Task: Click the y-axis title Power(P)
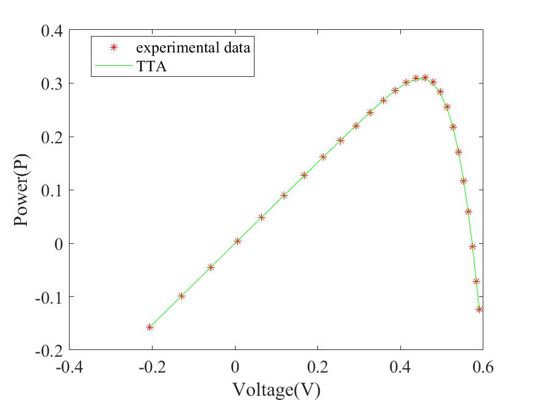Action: (22, 190)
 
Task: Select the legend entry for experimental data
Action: (193, 48)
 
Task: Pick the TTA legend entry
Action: (152, 66)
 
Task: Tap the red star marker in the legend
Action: (113, 48)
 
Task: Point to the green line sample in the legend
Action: (113, 66)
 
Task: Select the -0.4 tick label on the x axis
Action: (69, 367)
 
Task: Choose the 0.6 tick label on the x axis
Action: (483, 367)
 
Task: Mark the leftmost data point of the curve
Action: (150, 327)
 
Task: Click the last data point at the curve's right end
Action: (480, 310)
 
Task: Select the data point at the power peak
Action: (425, 78)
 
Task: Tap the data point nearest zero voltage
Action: (237, 241)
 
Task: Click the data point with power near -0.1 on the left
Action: (181, 296)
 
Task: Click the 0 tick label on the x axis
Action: (235, 367)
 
